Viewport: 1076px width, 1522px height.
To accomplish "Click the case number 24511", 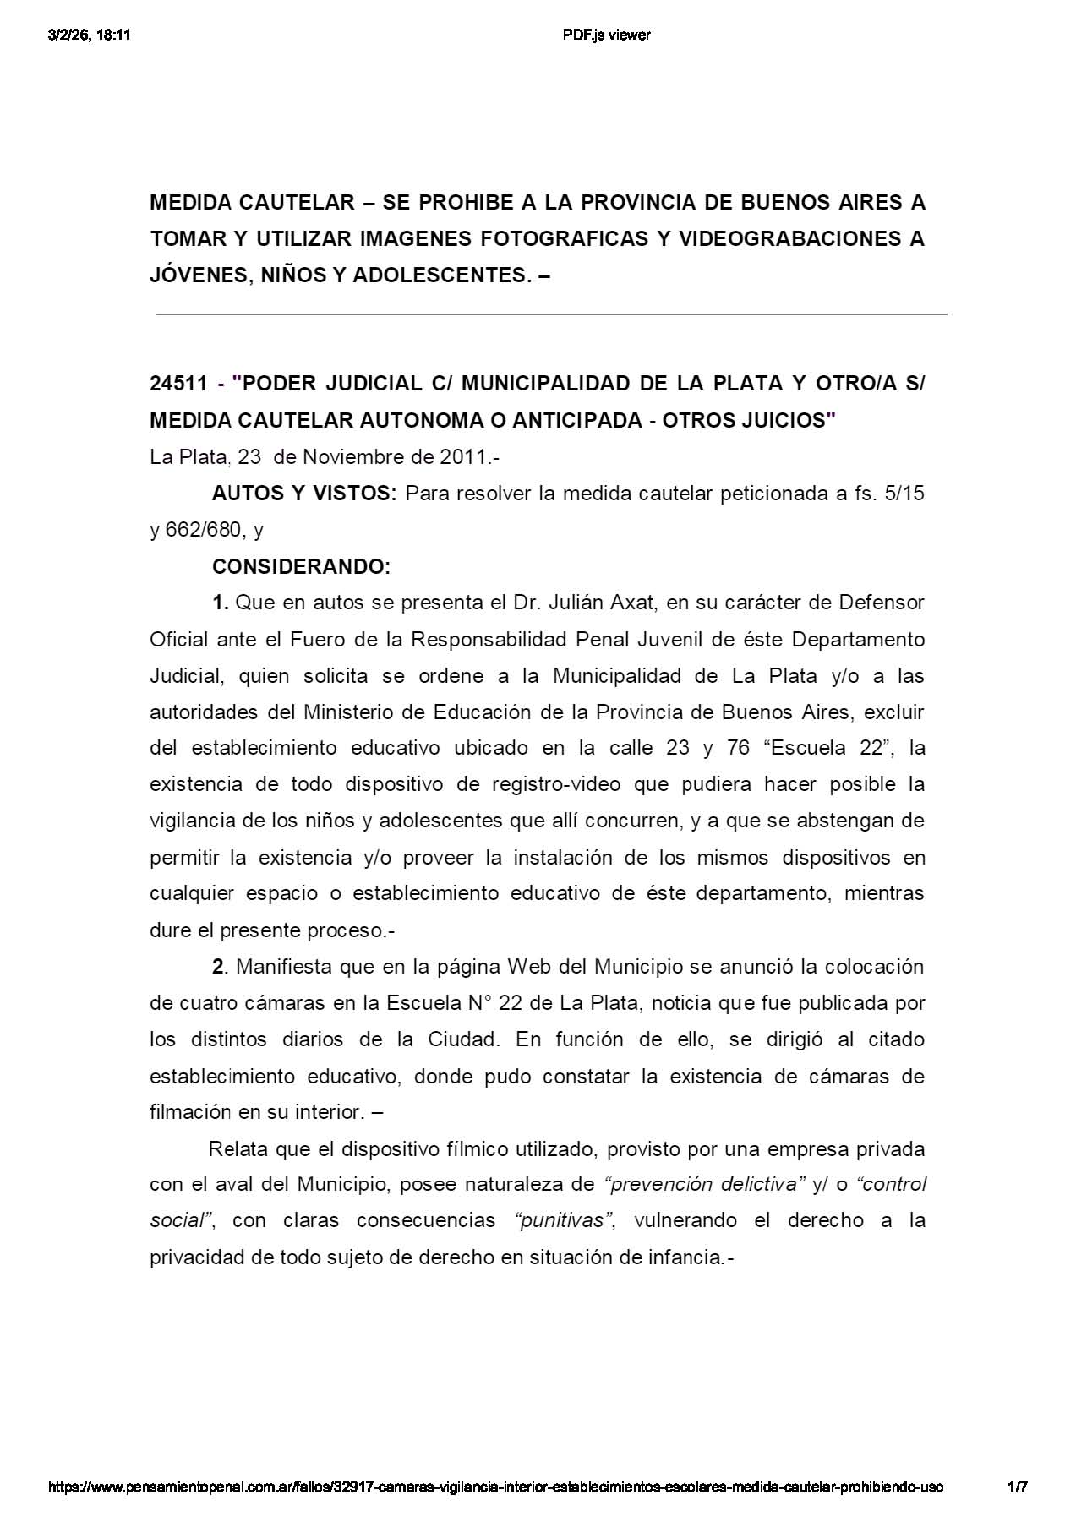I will tap(178, 384).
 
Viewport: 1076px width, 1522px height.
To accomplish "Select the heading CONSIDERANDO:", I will tap(301, 566).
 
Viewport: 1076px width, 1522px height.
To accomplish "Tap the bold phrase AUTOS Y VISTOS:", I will tap(303, 494).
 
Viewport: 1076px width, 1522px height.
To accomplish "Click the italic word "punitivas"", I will tap(561, 1220).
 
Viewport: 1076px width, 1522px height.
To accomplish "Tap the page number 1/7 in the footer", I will tap(1018, 1487).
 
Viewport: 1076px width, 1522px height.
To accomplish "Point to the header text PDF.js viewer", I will tap(606, 35).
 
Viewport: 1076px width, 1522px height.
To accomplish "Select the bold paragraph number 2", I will tap(218, 966).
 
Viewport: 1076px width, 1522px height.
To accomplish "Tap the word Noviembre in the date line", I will tap(352, 457).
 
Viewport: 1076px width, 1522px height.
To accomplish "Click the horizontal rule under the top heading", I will tap(550, 314).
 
